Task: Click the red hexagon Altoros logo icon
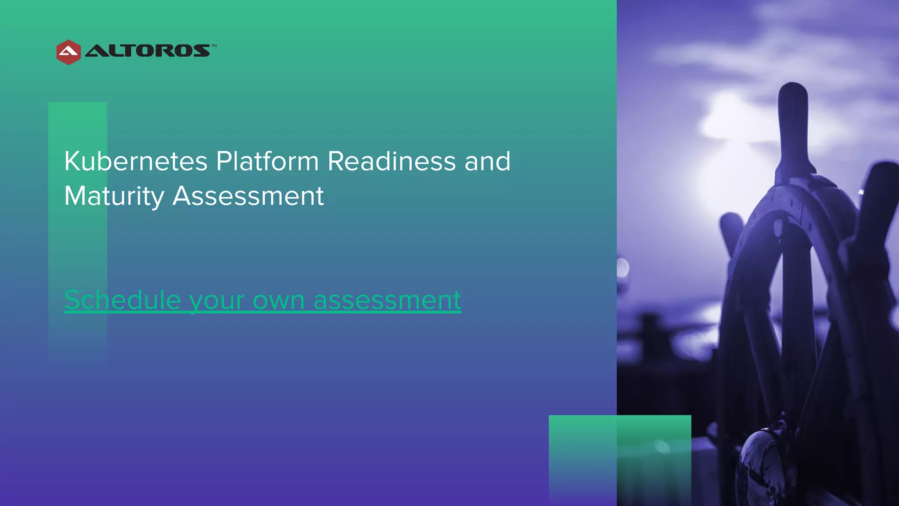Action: click(68, 52)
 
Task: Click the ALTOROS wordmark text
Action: click(147, 51)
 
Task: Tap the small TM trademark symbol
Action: click(214, 46)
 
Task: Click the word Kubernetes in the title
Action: click(136, 161)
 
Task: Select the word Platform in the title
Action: click(267, 161)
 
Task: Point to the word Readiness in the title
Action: click(392, 161)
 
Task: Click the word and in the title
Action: click(488, 161)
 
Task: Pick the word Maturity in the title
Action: click(114, 196)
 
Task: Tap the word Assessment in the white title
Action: click(248, 196)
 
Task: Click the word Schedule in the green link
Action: click(122, 300)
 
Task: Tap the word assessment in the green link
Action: click(387, 301)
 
